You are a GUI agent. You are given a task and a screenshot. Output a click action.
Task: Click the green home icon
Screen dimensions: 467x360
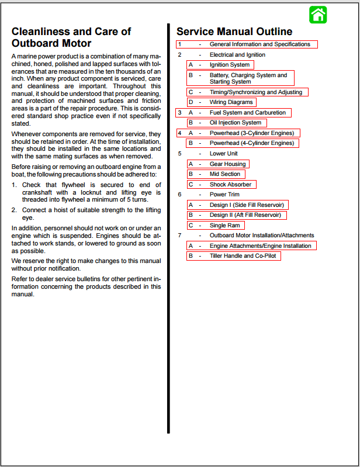(318, 15)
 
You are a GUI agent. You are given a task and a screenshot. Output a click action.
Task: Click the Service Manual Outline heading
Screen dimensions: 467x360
(234, 32)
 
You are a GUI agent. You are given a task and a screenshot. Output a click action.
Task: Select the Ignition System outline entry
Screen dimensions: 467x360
(229, 65)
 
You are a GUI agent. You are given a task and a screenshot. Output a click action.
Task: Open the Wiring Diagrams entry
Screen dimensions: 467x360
(231, 102)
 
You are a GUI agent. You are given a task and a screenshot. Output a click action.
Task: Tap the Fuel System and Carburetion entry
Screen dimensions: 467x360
(248, 113)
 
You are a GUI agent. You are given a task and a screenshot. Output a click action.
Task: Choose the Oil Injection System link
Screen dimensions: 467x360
(236, 123)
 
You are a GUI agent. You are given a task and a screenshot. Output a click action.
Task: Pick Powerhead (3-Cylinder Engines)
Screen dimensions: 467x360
(252, 133)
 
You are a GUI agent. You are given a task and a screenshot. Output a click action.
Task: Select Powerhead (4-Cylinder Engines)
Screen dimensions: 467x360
(252, 143)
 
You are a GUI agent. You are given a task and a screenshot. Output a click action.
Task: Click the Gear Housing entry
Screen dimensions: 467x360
(228, 164)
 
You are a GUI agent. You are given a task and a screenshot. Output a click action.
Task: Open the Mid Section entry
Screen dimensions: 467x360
(225, 174)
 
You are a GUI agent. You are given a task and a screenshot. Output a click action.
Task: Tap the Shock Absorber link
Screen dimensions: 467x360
(230, 185)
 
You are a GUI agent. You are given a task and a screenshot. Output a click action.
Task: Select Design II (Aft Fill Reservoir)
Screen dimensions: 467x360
(245, 215)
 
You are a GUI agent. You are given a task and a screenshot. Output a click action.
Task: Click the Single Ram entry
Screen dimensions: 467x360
(224, 226)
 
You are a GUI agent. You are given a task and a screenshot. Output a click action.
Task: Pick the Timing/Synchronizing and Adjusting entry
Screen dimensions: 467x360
(256, 92)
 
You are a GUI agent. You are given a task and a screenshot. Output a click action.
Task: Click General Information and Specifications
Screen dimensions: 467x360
(259, 44)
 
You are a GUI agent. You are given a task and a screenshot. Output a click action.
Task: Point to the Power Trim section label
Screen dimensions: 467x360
(224, 195)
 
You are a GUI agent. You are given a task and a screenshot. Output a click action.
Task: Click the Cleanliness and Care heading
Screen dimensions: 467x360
(71, 37)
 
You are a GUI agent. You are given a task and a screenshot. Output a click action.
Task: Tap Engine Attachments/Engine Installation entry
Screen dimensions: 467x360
(260, 246)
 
